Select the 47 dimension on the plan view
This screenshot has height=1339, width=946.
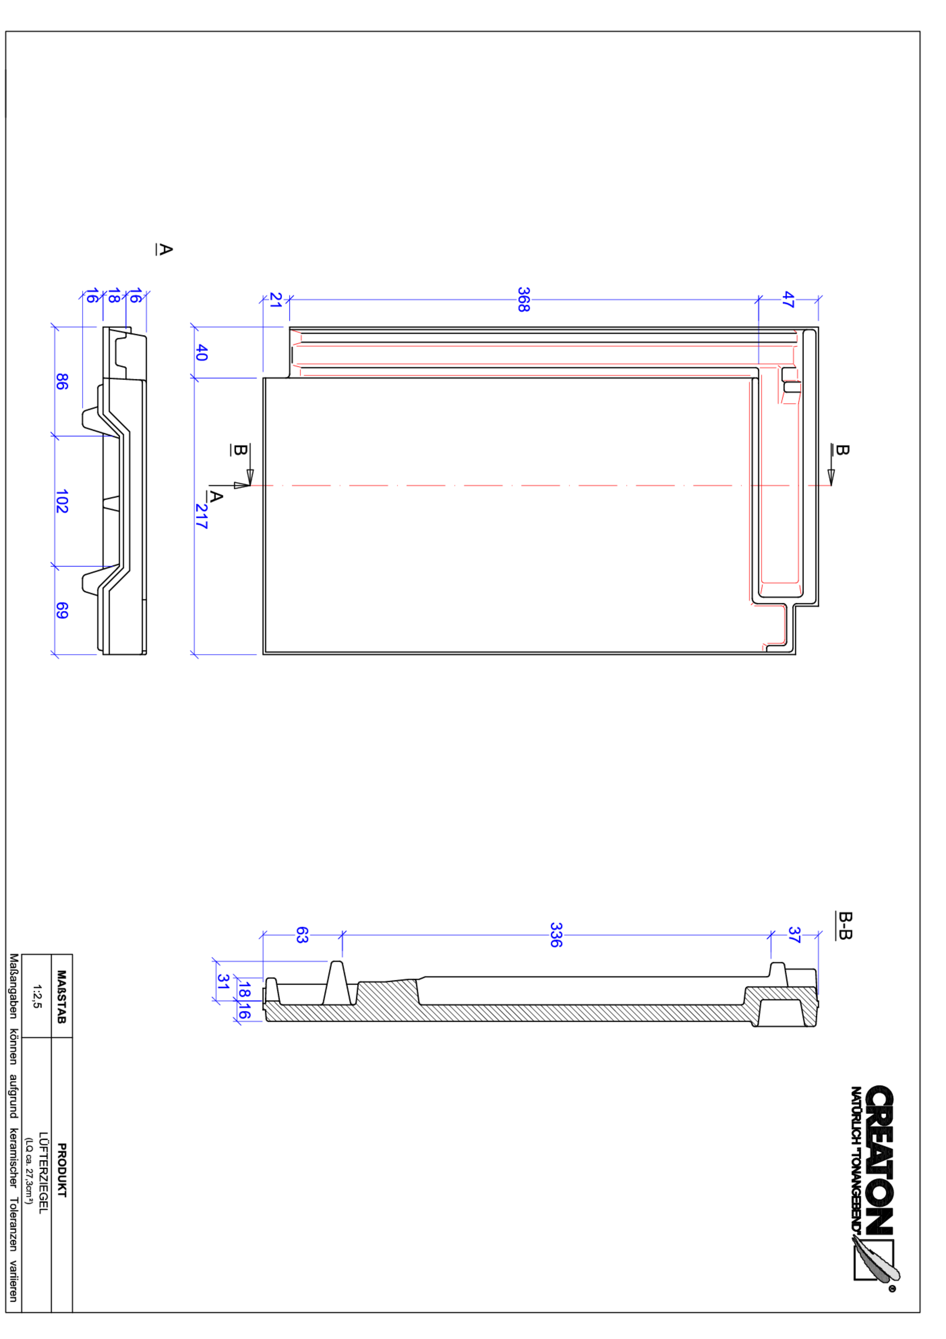(x=788, y=299)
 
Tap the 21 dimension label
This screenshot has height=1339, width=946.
(x=275, y=300)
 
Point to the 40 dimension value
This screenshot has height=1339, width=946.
(x=201, y=352)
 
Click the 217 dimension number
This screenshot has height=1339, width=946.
(x=201, y=516)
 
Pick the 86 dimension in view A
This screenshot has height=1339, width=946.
(x=62, y=381)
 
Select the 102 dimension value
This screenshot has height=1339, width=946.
(x=62, y=501)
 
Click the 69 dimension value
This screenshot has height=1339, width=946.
(x=62, y=610)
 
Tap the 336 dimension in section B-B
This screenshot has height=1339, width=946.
(x=556, y=934)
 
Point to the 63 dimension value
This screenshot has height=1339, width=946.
(x=302, y=935)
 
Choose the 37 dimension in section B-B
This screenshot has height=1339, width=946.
(x=794, y=934)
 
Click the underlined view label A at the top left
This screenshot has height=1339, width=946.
(x=165, y=249)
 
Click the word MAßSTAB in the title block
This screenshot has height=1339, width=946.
(x=62, y=997)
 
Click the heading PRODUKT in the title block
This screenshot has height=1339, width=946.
(x=62, y=1170)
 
